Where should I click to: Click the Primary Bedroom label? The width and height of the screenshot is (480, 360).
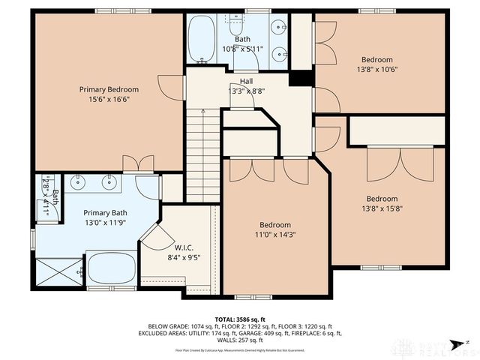[x=109, y=89]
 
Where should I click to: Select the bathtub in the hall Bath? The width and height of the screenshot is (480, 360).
[x=200, y=38]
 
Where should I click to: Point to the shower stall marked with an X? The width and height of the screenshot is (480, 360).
[x=57, y=272]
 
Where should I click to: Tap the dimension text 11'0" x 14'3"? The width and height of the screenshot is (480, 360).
[x=275, y=235]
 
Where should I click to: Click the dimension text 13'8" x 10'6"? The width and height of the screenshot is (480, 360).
[x=376, y=70]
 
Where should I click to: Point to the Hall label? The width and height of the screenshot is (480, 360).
[x=246, y=81]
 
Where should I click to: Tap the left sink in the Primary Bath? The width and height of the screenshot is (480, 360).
[x=77, y=181]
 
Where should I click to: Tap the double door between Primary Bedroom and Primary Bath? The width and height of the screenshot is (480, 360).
[x=134, y=163]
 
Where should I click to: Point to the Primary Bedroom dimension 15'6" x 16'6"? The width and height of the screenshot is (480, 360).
[x=109, y=98]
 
